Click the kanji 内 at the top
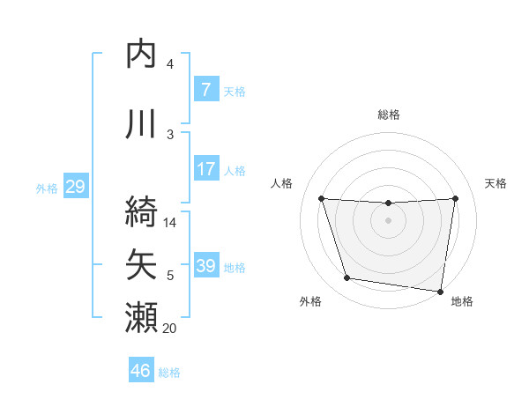click(x=143, y=55)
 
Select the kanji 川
click(x=143, y=122)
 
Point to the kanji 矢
click(x=143, y=263)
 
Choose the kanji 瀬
click(x=143, y=315)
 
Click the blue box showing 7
click(x=205, y=89)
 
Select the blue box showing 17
click(x=205, y=168)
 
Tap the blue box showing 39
click(x=205, y=265)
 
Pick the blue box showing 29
click(x=75, y=186)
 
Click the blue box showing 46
click(x=141, y=370)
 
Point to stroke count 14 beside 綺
click(x=171, y=223)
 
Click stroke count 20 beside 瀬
click(x=170, y=329)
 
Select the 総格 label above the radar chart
click(x=388, y=115)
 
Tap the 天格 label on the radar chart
click(x=495, y=183)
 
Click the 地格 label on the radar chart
click(x=462, y=301)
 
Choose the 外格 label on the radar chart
click(x=310, y=301)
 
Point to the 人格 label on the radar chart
click(x=281, y=183)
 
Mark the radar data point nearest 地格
click(x=440, y=291)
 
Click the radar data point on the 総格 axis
click(x=388, y=203)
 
